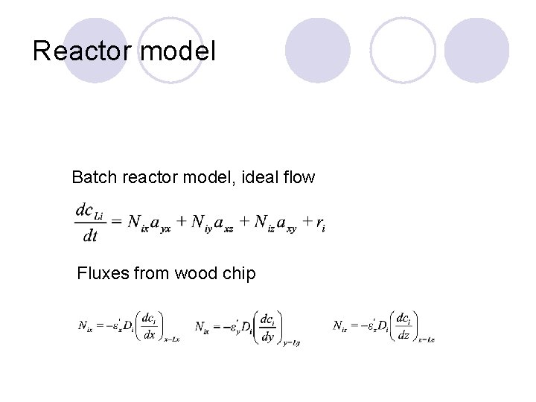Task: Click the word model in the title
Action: pyautogui.click(x=178, y=51)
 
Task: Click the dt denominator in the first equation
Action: pyautogui.click(x=89, y=236)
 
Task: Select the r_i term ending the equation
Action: pyautogui.click(x=320, y=223)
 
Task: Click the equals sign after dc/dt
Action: pyautogui.click(x=115, y=222)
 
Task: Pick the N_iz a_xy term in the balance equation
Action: pyautogui.click(x=275, y=223)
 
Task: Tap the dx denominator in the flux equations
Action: pyautogui.click(x=149, y=334)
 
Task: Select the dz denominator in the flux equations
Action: pyautogui.click(x=403, y=334)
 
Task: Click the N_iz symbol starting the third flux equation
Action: pyautogui.click(x=339, y=326)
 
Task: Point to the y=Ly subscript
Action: pyautogui.click(x=292, y=342)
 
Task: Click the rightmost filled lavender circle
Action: pyautogui.click(x=476, y=50)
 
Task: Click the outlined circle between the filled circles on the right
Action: pyautogui.click(x=403, y=50)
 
